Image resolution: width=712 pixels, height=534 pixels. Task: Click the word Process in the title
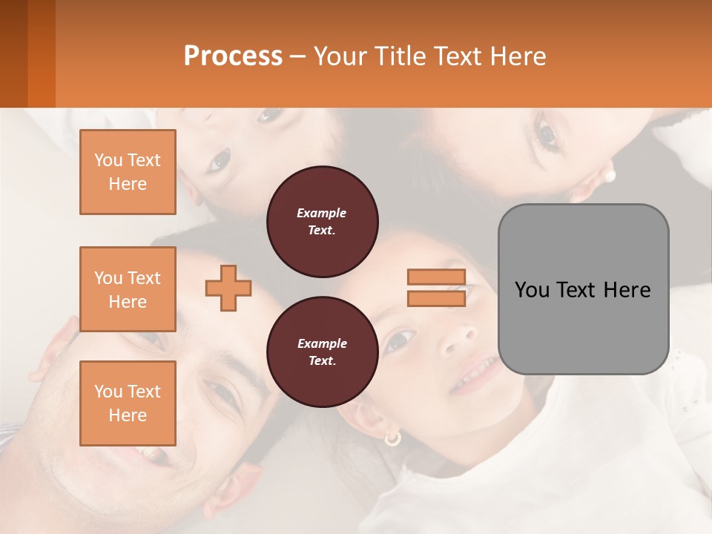[233, 56]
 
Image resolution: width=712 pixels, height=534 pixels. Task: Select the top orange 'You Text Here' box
[128, 172]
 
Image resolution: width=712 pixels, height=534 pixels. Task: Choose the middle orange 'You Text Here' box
[128, 289]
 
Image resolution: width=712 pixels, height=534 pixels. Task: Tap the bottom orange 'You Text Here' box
[128, 403]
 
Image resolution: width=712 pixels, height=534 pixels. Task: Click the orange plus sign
[228, 288]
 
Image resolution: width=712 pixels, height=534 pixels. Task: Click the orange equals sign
[436, 288]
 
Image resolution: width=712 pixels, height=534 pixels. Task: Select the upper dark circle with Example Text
[323, 222]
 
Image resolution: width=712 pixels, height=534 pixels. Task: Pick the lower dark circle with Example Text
[323, 352]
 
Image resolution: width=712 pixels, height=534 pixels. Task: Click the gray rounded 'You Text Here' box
[583, 289]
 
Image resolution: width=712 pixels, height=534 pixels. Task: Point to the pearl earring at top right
[610, 177]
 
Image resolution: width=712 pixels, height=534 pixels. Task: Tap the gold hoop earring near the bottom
[392, 438]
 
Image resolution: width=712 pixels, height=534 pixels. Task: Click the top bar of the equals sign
[436, 277]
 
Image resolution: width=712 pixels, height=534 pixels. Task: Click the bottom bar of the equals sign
[436, 298]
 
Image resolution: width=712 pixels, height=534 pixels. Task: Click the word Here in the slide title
[518, 56]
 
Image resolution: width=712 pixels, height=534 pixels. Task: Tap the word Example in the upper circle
[322, 213]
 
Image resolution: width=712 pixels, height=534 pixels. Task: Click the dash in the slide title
[297, 56]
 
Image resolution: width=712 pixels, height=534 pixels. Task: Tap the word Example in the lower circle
[322, 343]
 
